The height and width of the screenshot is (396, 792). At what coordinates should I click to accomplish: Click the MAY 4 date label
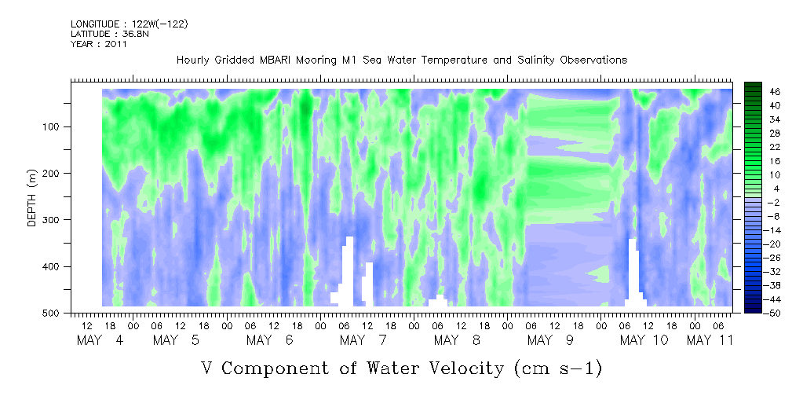(100, 340)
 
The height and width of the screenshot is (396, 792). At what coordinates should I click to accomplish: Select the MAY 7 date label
(363, 340)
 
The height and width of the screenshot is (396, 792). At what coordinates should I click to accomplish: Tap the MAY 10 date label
(644, 340)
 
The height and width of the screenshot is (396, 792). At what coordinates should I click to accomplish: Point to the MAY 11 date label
(710, 340)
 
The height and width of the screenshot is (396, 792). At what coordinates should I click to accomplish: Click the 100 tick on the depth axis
(53, 126)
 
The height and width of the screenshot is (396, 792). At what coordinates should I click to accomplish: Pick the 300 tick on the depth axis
(53, 219)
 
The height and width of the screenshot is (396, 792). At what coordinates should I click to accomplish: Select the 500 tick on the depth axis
(53, 313)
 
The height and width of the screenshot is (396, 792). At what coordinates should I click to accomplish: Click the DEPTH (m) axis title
(32, 198)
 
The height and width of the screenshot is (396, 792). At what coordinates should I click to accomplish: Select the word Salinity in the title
(535, 60)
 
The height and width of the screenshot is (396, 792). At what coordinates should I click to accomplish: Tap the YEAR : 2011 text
(98, 43)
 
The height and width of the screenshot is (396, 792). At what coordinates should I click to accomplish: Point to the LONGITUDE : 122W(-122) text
(130, 24)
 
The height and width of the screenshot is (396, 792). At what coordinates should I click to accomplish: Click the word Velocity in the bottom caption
(436, 368)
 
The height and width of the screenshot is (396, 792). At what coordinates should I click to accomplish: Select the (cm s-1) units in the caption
(558, 368)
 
